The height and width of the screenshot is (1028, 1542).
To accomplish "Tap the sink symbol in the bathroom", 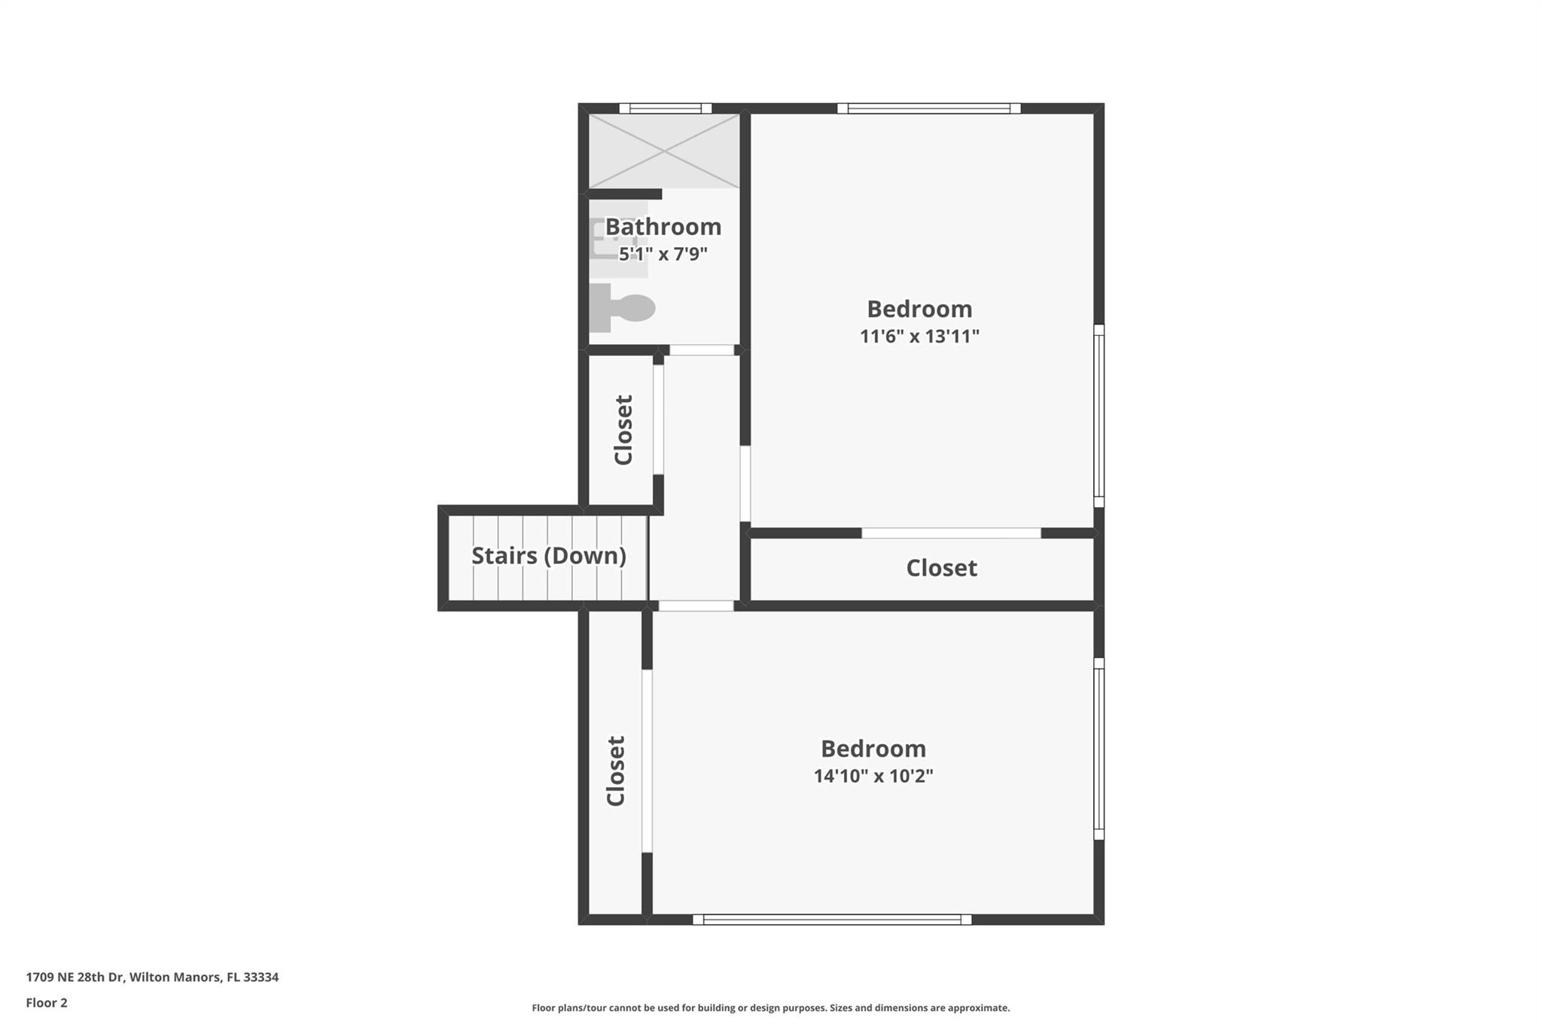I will (616, 239).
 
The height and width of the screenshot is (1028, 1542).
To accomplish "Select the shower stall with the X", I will (663, 151).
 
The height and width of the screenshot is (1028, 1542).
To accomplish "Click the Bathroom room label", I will (663, 227).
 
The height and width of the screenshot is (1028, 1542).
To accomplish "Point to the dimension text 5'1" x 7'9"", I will (663, 254).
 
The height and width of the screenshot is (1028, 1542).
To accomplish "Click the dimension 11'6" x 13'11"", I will (919, 336).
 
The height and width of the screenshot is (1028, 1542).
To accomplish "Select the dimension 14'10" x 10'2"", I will (873, 776).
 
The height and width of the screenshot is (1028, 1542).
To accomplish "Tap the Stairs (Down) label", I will (548, 556).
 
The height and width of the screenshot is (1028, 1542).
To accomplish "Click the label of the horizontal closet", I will (941, 568).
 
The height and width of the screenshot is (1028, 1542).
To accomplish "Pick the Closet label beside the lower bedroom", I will (616, 770).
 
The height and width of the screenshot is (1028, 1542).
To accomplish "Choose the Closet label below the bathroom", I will (623, 429).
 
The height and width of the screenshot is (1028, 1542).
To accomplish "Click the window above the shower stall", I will (665, 108).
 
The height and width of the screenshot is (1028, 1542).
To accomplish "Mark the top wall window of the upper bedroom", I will (928, 108).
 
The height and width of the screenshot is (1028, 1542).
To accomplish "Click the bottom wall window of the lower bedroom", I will (831, 919).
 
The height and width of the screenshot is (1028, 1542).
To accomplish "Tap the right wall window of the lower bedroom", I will (1099, 749).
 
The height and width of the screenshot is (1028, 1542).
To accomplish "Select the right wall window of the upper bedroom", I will (1099, 416).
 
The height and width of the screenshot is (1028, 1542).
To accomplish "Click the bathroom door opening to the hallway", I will (702, 350).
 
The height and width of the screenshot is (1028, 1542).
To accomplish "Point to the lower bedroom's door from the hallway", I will (696, 606).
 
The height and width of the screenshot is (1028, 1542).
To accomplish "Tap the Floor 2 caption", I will (47, 1002).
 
